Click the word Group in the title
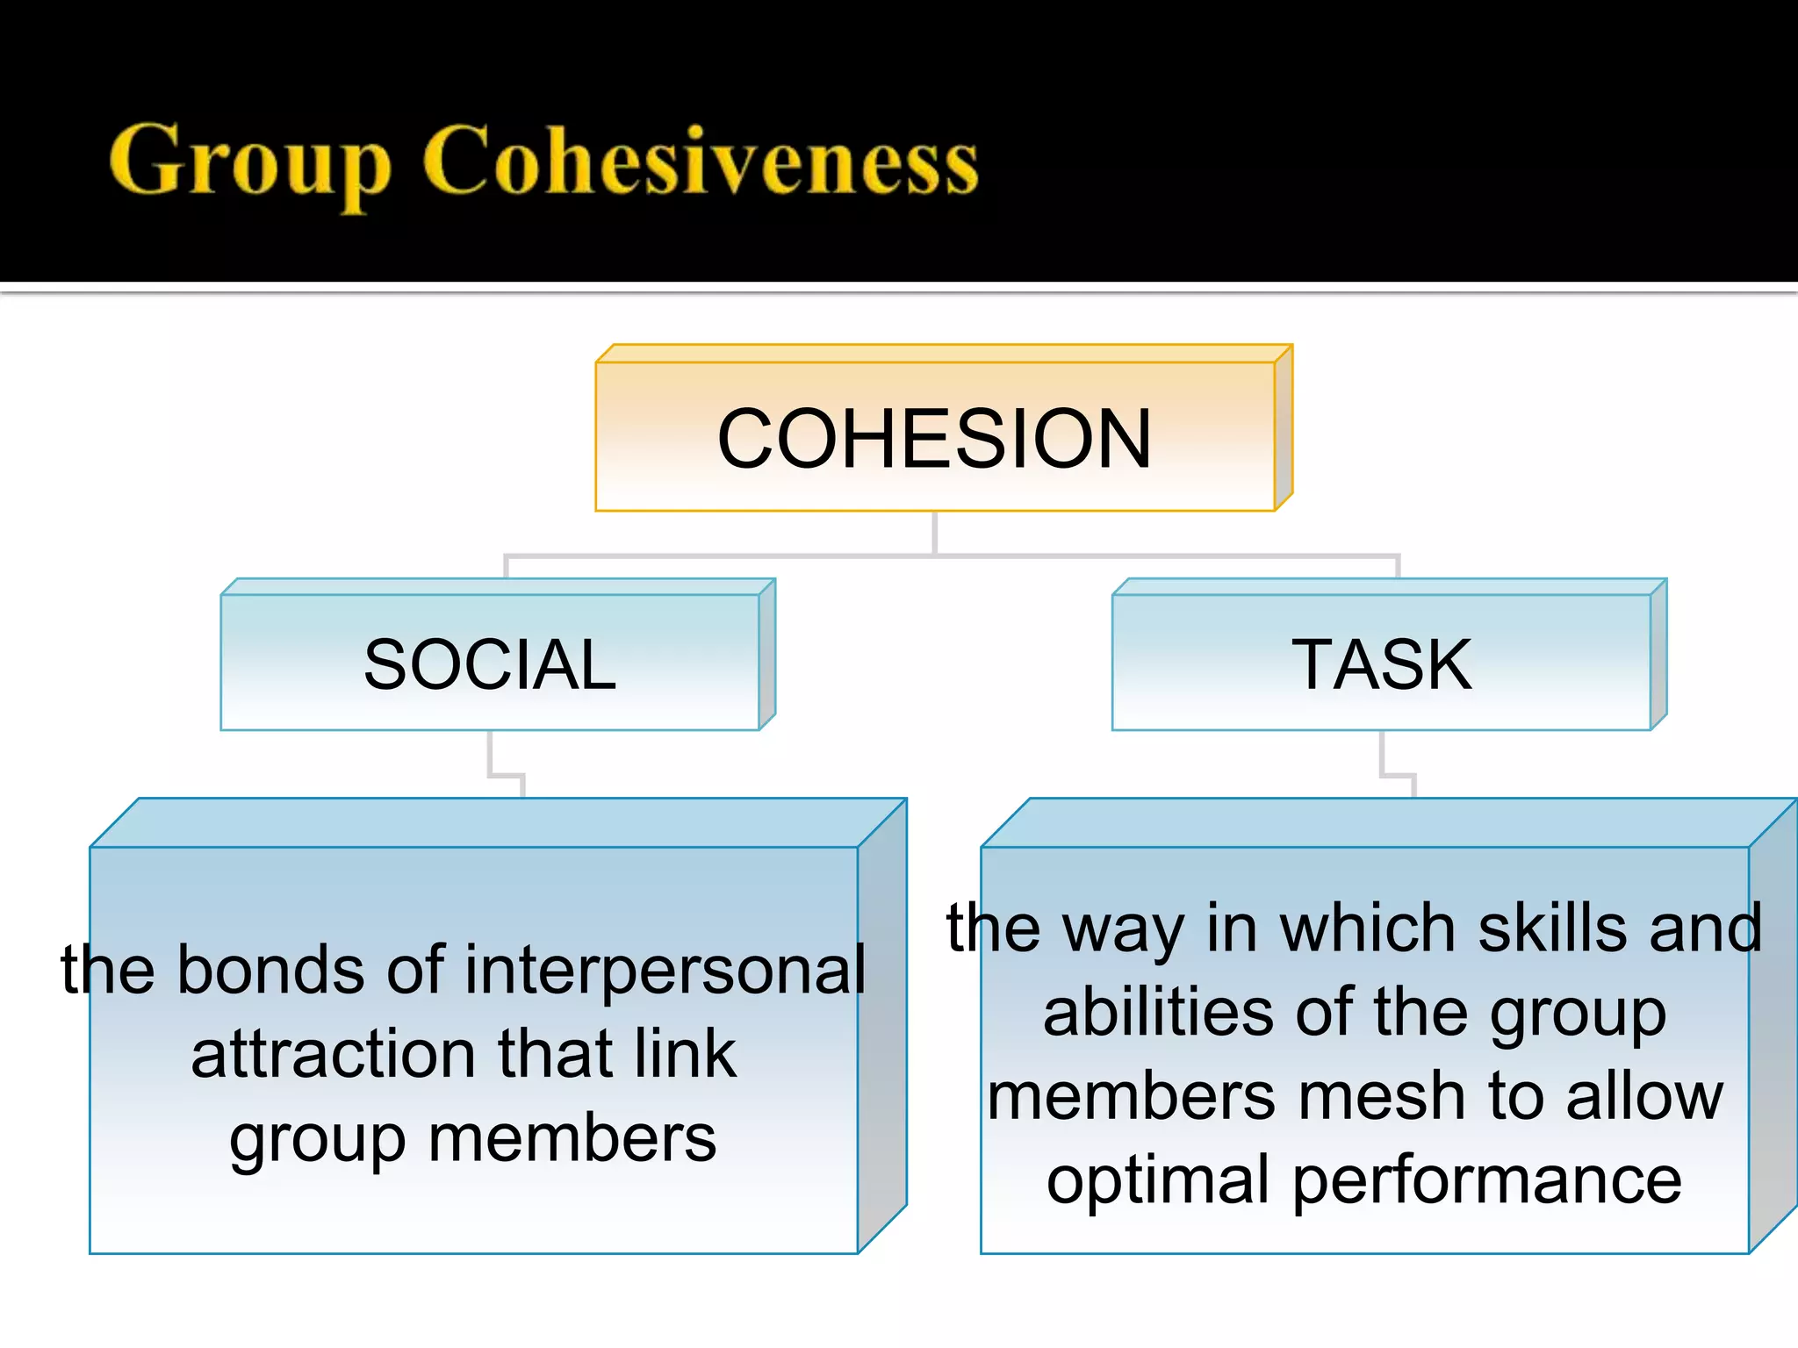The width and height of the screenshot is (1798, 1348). (x=250, y=162)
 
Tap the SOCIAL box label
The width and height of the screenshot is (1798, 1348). (x=490, y=664)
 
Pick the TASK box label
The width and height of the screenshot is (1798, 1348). (x=1381, y=664)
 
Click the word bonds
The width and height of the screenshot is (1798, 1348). (x=270, y=971)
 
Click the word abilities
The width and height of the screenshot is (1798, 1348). (x=1156, y=1013)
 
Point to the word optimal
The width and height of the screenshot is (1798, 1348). (x=1157, y=1181)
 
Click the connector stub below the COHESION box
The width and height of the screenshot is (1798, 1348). (x=934, y=532)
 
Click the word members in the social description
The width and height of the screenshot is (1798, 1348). (x=572, y=1139)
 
